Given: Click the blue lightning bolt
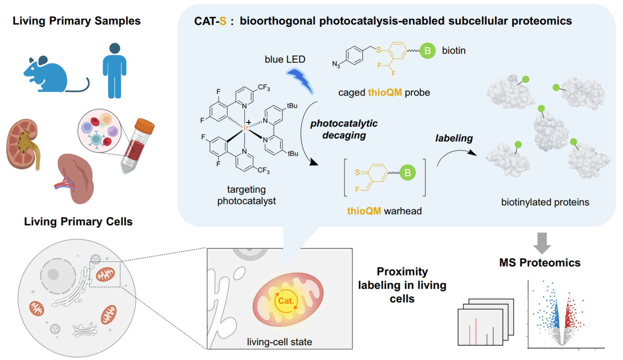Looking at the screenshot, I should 300,80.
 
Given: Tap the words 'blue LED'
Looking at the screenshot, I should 285,59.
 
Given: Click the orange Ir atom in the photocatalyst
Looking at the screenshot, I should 246,128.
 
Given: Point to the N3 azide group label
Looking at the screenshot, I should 336,64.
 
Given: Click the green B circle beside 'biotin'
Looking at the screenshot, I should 427,51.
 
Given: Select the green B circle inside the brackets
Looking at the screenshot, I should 408,172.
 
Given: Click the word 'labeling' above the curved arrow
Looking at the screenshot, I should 454,138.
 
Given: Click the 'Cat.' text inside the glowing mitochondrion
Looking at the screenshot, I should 286,301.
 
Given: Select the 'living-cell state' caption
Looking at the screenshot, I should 279,342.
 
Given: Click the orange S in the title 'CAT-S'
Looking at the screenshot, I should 222,21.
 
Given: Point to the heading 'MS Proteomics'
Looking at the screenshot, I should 540,263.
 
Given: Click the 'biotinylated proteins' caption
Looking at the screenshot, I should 545,202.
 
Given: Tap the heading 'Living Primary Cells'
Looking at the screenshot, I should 78,222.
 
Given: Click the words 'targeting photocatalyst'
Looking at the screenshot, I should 247,195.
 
